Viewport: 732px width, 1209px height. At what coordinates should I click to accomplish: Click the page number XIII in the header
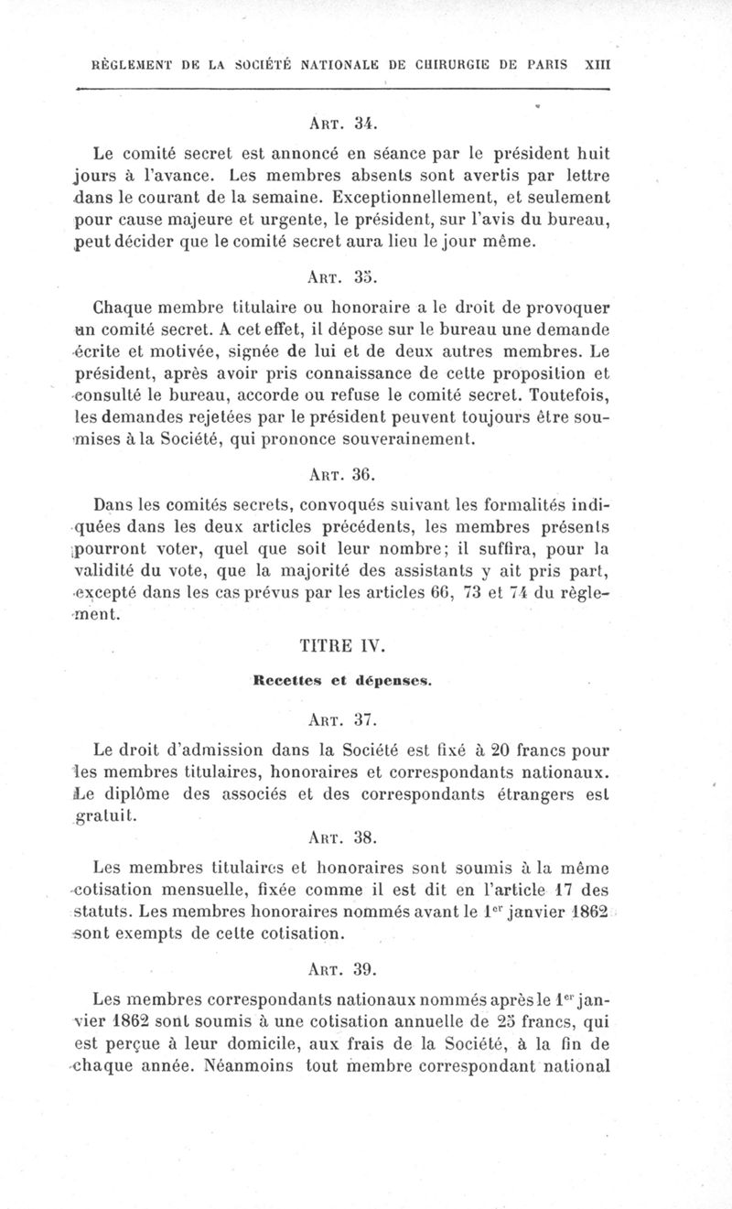point(597,65)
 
